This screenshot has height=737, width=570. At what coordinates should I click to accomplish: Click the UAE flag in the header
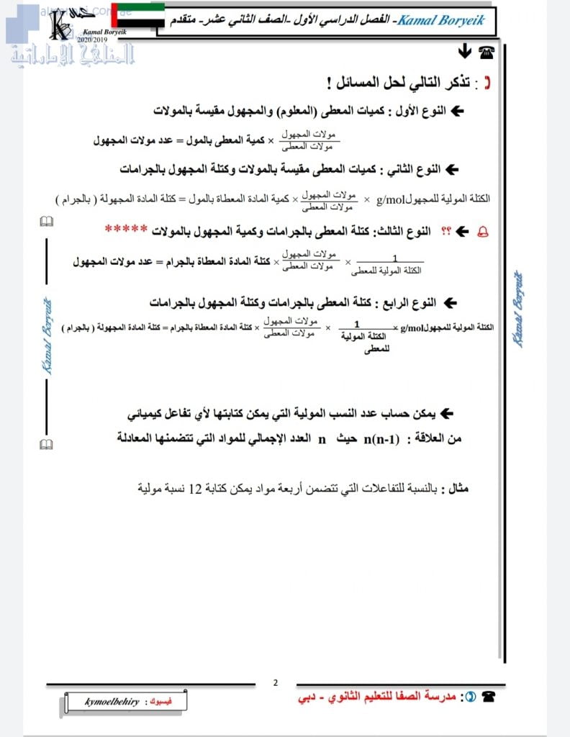tap(139, 17)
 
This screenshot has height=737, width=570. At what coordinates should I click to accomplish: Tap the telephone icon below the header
tap(487, 51)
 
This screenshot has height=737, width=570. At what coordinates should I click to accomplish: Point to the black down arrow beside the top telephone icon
tap(464, 51)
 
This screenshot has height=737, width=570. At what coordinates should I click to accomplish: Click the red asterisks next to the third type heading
tap(126, 230)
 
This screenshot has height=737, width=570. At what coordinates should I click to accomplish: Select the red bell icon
tap(481, 231)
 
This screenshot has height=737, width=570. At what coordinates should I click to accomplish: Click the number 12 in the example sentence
tap(196, 489)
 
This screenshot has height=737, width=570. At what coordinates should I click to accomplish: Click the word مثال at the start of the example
tap(458, 489)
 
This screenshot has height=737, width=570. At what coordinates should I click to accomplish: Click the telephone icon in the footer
tap(489, 697)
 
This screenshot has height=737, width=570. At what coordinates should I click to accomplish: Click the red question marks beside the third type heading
tap(445, 231)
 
